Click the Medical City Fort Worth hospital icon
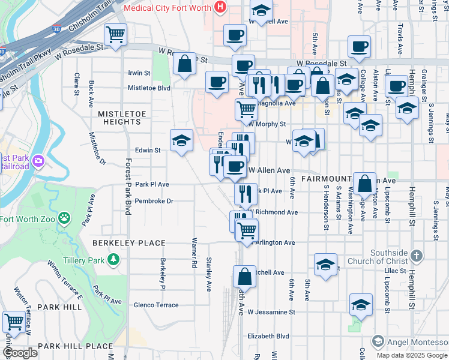tap(220, 8)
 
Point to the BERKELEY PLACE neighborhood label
tap(128, 243)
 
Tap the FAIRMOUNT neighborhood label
tap(327, 179)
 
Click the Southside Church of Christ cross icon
tap(416, 256)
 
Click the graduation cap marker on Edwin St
tap(181, 140)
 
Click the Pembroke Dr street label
tap(154, 202)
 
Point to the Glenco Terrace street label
tap(156, 305)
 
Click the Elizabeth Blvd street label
tap(268, 337)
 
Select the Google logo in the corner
tap(20, 353)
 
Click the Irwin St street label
tap(139, 73)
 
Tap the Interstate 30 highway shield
tap(56, 28)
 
